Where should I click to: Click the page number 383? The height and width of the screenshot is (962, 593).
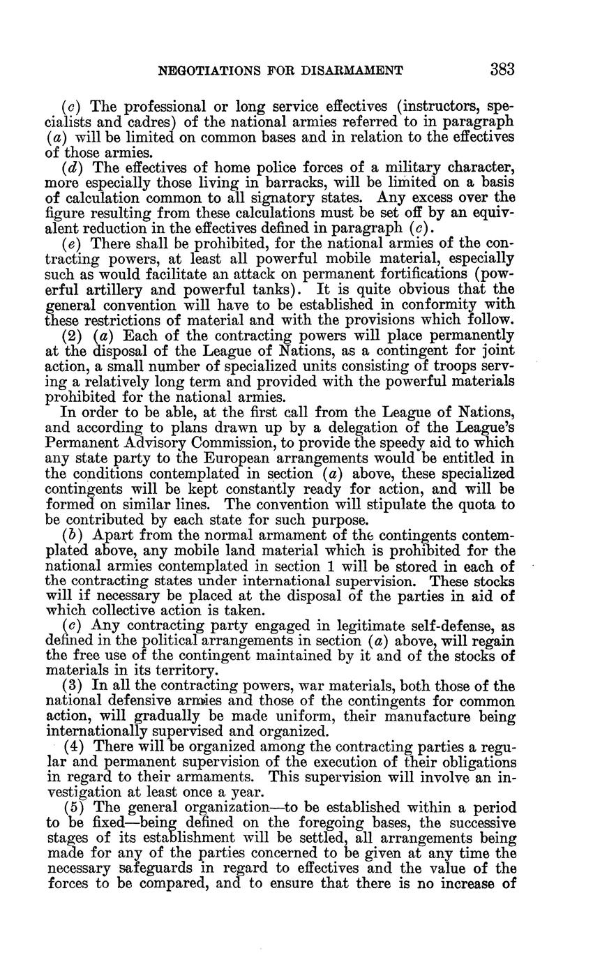click(x=502, y=69)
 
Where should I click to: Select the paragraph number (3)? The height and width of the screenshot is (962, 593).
click(x=72, y=686)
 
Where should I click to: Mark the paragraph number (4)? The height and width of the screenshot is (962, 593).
click(x=72, y=746)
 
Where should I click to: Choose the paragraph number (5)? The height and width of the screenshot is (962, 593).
click(x=72, y=807)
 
